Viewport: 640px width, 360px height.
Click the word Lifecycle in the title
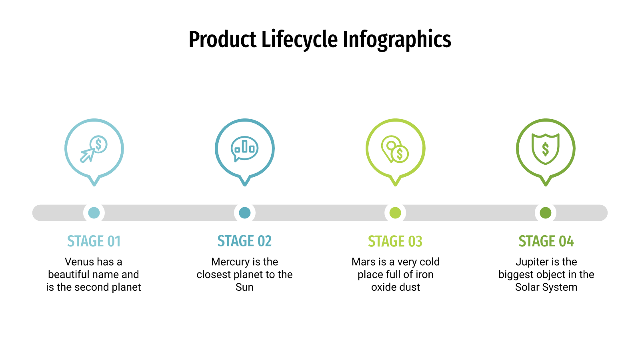click(x=300, y=40)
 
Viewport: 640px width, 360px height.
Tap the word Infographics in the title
click(x=397, y=40)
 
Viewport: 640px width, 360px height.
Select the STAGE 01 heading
click(x=94, y=241)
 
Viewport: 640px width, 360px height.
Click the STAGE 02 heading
click(x=244, y=241)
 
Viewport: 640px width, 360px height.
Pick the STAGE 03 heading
click(x=395, y=241)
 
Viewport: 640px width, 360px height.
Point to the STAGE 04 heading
click(x=546, y=241)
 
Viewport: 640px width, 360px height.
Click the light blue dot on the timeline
click(x=94, y=213)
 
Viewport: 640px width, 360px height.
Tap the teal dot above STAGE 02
click(x=244, y=213)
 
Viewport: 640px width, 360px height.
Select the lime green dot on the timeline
click(x=395, y=213)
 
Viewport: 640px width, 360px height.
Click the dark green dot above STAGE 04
click(x=546, y=213)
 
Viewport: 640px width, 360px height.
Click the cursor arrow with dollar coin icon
click(x=94, y=149)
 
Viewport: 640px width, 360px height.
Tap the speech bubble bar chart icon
click(x=244, y=149)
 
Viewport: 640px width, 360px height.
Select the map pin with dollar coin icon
click(x=395, y=149)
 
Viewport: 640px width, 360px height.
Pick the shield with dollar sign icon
click(x=546, y=149)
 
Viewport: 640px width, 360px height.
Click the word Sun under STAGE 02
click(x=244, y=287)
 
